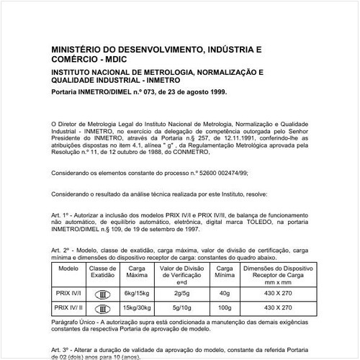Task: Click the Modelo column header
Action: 68,268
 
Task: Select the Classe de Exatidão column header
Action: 102,271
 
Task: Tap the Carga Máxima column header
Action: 137,271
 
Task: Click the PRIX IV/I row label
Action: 68,294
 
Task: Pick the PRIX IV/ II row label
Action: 68,308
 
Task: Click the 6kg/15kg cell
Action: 137,294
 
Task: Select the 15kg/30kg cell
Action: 137,308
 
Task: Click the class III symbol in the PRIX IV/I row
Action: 102,294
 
